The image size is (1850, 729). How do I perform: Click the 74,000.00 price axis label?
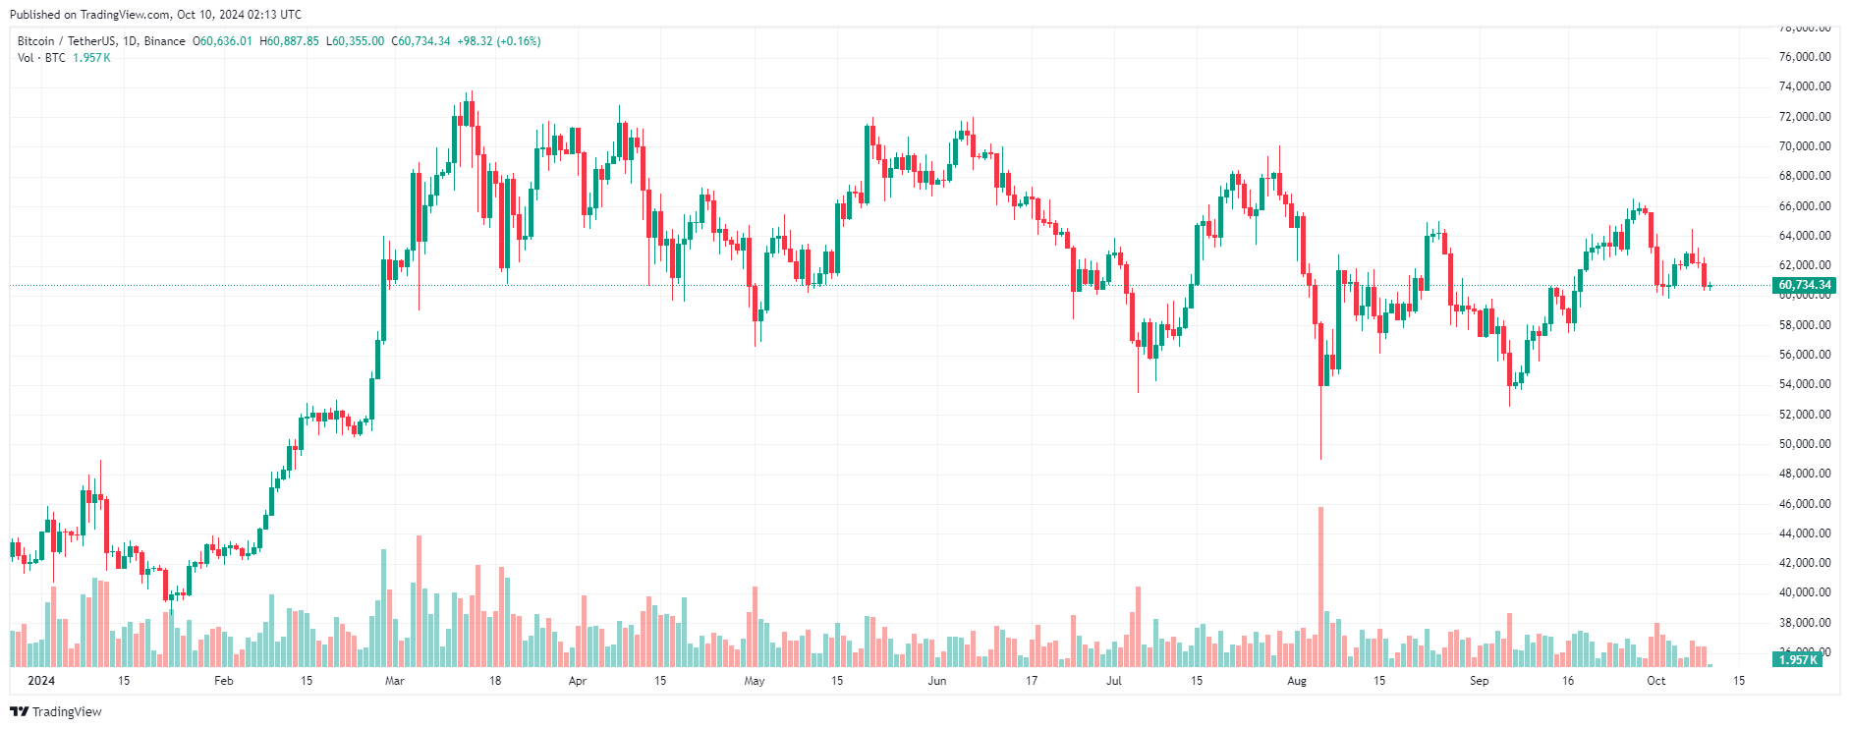[1805, 86]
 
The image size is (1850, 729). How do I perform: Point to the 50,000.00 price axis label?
[1805, 444]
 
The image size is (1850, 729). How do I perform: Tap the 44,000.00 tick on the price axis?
[1805, 533]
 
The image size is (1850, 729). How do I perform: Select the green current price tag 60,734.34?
[1805, 285]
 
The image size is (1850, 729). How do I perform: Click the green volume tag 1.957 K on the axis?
[1798, 659]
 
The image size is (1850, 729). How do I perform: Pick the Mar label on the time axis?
[394, 681]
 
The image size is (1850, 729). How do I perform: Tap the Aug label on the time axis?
[1297, 681]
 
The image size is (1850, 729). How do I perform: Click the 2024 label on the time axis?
[41, 681]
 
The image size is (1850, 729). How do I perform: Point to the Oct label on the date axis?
[1656, 681]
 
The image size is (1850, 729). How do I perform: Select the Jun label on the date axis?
[937, 681]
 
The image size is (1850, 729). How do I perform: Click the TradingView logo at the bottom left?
[56, 711]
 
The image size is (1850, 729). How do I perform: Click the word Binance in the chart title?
[164, 41]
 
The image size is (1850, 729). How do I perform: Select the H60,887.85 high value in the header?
[289, 41]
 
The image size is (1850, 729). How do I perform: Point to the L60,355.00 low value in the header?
[355, 41]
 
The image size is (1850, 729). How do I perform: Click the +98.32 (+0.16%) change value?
[499, 41]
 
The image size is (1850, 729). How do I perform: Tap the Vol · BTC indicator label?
[41, 58]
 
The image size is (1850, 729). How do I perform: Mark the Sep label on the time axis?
[1479, 681]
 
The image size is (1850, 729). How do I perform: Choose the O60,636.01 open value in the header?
[222, 41]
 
